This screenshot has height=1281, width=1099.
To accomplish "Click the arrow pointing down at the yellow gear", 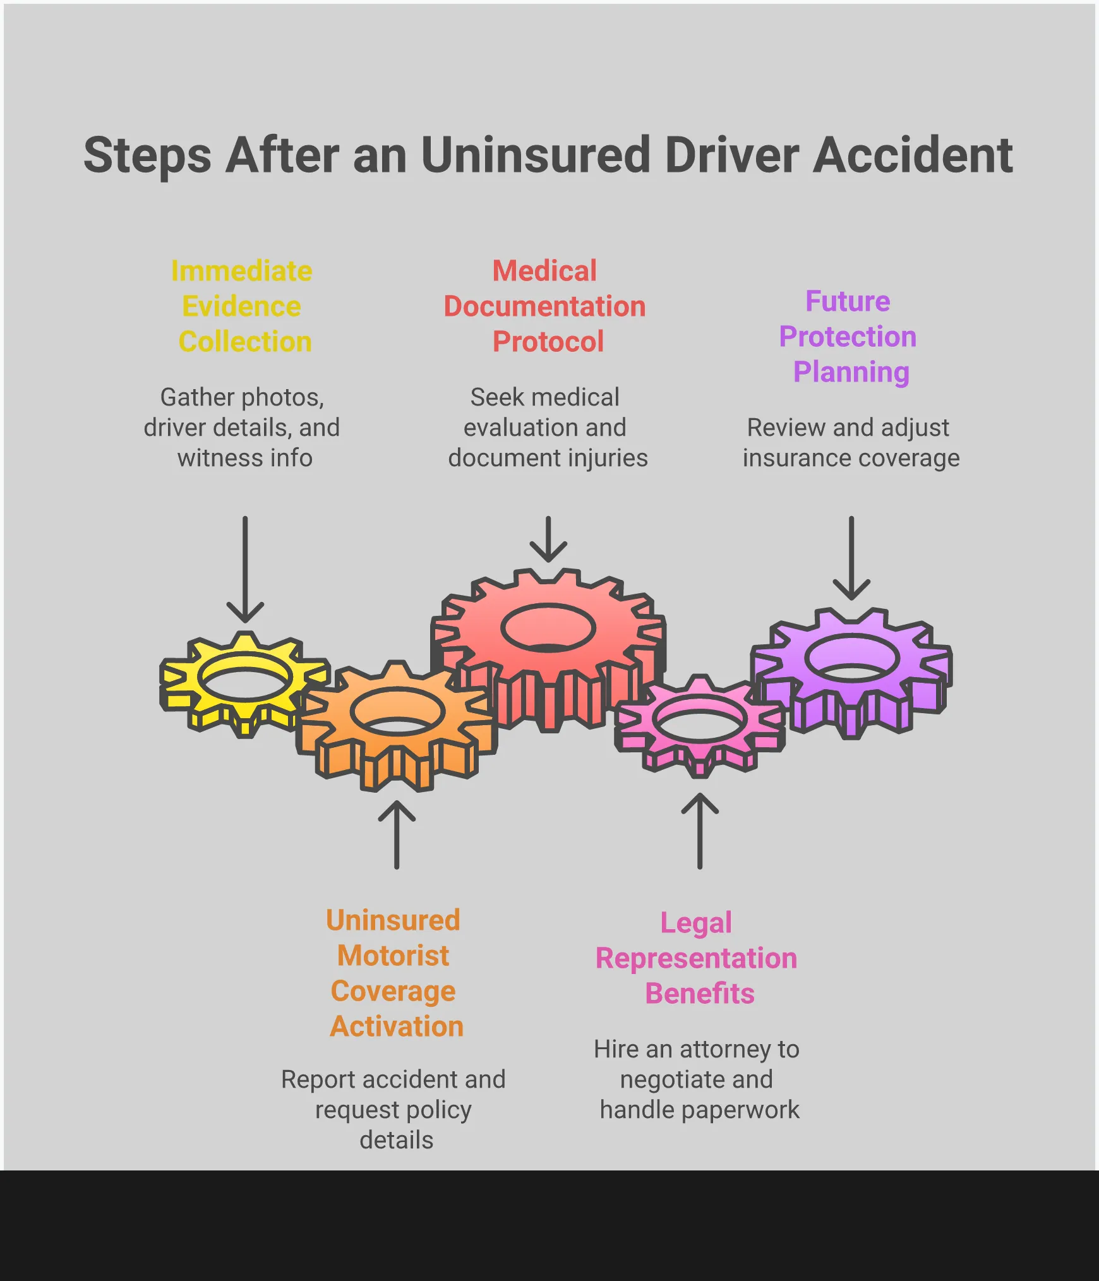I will click(x=245, y=568).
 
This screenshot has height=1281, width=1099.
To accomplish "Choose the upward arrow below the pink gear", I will click(x=700, y=831).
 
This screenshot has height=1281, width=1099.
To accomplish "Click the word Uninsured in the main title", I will click(x=536, y=155).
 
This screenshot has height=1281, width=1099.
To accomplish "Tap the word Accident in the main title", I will click(x=913, y=155).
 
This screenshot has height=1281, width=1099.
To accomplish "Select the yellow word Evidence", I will click(x=242, y=307).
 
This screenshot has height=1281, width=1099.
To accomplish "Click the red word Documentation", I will click(x=544, y=307).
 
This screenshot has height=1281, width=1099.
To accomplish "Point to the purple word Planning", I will click(x=851, y=373).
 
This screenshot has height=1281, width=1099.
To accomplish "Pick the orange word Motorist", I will click(x=393, y=956).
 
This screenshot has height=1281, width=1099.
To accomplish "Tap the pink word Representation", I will click(x=696, y=958).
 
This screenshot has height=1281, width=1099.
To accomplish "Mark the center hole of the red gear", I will click(x=548, y=628).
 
